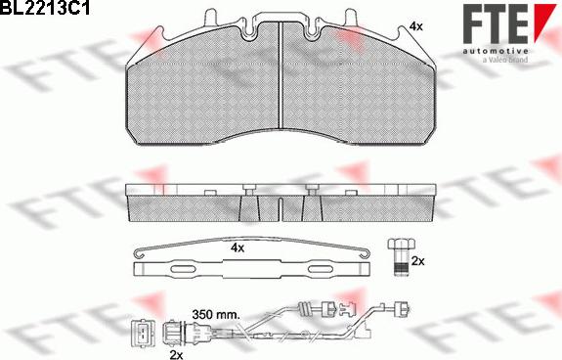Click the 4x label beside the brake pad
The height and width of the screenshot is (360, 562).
tap(415, 26)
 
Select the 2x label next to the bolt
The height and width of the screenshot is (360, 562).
tap(418, 261)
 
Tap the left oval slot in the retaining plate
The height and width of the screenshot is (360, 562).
tap(182, 268)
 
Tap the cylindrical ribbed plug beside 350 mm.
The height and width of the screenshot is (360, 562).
tap(174, 331)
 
